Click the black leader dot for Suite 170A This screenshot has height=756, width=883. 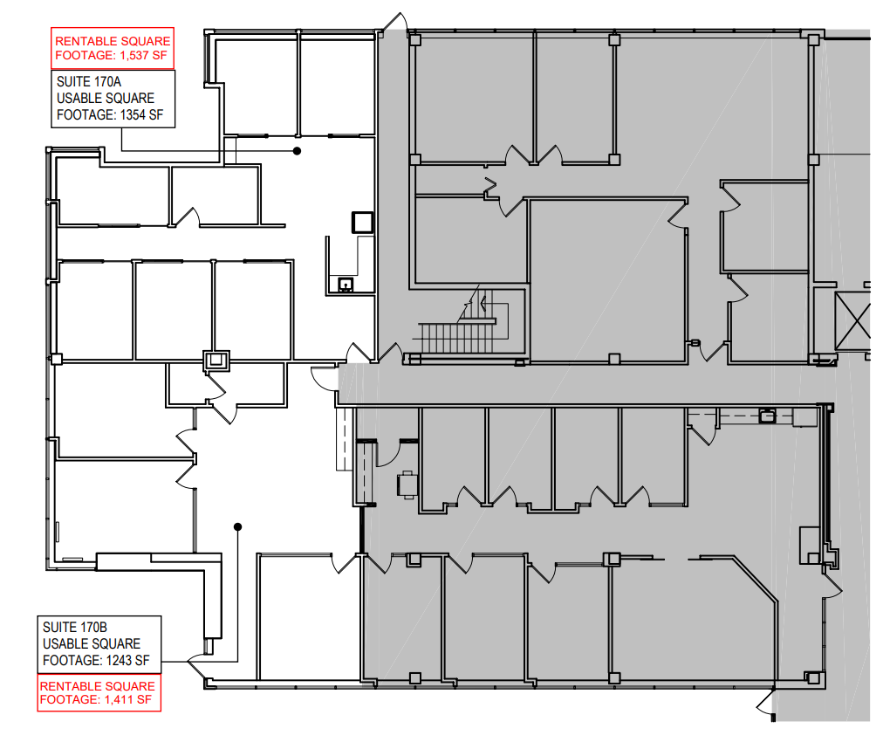click(297, 151)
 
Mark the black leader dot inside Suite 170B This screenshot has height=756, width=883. click(237, 526)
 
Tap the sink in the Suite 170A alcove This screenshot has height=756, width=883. click(346, 284)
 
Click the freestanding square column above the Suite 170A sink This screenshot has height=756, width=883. click(361, 223)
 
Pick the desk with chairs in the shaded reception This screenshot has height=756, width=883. click(407, 483)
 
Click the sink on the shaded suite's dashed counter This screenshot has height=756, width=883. click(767, 416)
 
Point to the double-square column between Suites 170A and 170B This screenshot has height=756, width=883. click(214, 360)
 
